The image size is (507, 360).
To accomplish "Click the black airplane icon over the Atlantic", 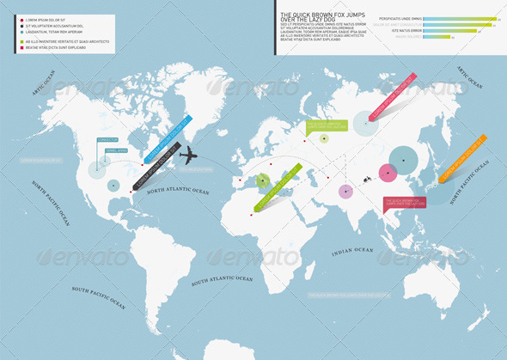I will pyautogui.click(x=188, y=156).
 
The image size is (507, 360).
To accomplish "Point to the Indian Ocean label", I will pyautogui.click(x=352, y=250).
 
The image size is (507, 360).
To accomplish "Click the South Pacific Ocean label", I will pyautogui.click(x=99, y=296).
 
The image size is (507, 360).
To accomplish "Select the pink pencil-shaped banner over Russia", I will pyautogui.click(x=392, y=96).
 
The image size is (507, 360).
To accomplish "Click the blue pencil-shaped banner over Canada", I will pyautogui.click(x=165, y=138).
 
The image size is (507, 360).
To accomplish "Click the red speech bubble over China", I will pyautogui.click(x=405, y=204).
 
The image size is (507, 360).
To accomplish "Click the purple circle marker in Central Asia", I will pyautogui.click(x=345, y=191).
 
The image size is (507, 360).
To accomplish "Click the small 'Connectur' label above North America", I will pyautogui.click(x=107, y=138).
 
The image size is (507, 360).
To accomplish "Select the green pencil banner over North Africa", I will pyautogui.click(x=276, y=186).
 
